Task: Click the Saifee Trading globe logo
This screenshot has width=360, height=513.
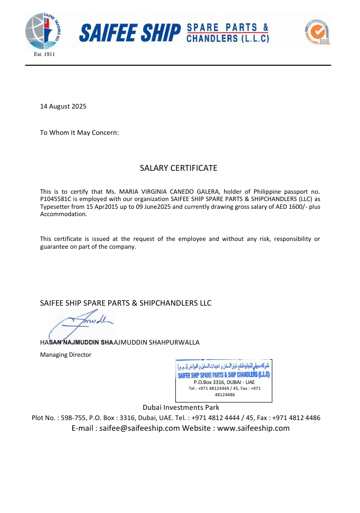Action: [43, 32]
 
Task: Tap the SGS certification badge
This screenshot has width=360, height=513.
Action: [317, 32]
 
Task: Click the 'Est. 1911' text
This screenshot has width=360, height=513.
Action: [44, 54]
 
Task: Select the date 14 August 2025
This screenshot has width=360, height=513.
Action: [63, 106]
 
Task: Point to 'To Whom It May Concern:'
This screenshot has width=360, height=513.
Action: [79, 132]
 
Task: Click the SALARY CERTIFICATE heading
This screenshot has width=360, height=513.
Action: [178, 168]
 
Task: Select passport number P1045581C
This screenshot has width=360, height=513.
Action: [56, 200]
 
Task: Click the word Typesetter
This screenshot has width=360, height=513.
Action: [55, 207]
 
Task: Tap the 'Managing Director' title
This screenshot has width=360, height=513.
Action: [65, 355]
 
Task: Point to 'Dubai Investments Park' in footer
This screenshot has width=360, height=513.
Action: [181, 407]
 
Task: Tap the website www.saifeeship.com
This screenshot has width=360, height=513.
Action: [253, 428]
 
